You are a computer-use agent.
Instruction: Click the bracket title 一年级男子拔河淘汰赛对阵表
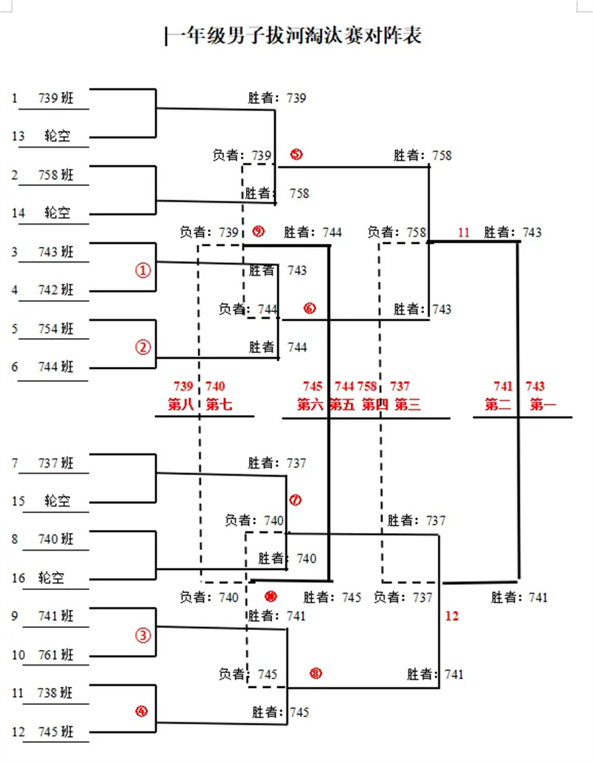pyautogui.click(x=295, y=35)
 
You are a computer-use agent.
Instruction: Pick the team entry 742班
pyautogui.click(x=56, y=290)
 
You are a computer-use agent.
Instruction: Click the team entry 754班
pyautogui.click(x=56, y=328)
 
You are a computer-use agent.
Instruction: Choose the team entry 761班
pyautogui.click(x=56, y=655)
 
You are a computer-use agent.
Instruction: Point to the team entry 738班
pyautogui.click(x=56, y=693)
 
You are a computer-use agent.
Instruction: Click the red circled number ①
pyautogui.click(x=143, y=271)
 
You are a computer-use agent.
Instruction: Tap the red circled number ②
pyautogui.click(x=143, y=347)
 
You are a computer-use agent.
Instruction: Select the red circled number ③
pyautogui.click(x=143, y=635)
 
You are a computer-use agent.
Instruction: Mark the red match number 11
pyautogui.click(x=464, y=233)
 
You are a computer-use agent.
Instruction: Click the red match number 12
pyautogui.click(x=453, y=615)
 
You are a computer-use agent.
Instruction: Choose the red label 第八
pyautogui.click(x=183, y=405)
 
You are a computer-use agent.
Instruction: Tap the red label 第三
pyautogui.click(x=408, y=405)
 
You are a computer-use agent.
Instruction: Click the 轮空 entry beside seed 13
pyautogui.click(x=56, y=136)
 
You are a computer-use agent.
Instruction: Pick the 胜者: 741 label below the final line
pyautogui.click(x=520, y=597)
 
